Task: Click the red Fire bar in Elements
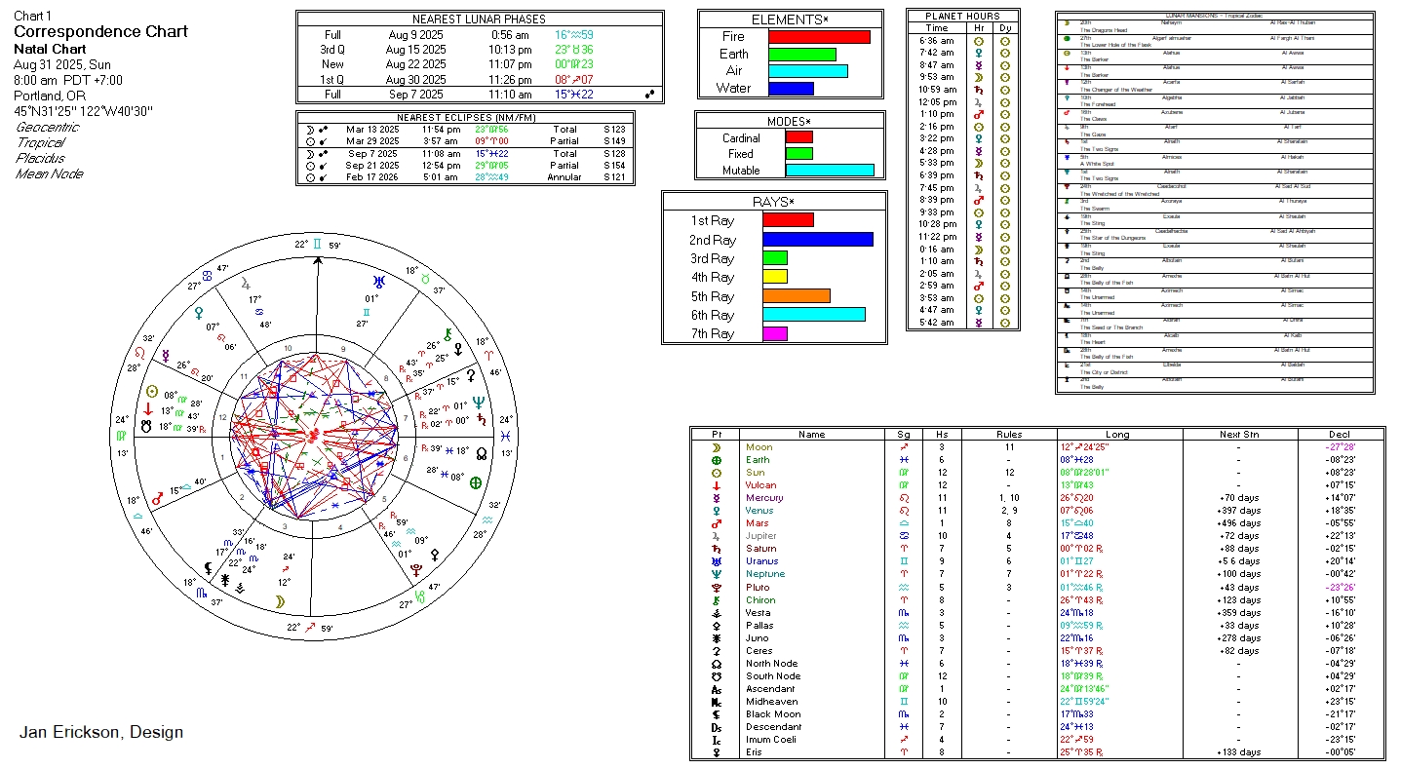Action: (x=819, y=37)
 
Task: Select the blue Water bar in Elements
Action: (x=791, y=89)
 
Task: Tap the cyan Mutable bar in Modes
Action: (x=829, y=171)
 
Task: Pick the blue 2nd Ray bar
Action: (x=817, y=240)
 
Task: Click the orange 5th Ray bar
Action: (x=796, y=296)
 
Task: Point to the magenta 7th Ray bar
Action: (x=774, y=333)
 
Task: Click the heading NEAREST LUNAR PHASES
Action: (x=479, y=19)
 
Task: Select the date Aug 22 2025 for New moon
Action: (x=415, y=64)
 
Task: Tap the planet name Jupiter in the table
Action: (x=760, y=536)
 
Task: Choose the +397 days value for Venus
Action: (x=1238, y=511)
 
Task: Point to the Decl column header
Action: (x=1340, y=435)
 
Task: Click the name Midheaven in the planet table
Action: (x=771, y=702)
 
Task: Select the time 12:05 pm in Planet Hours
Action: (x=937, y=101)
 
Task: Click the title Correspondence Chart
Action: (x=100, y=32)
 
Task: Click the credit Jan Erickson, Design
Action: (x=100, y=732)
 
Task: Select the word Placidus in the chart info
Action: (x=40, y=158)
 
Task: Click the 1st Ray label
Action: (x=713, y=221)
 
